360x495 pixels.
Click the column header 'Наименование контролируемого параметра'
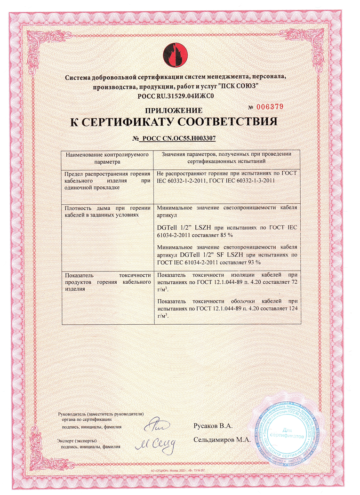coord(107,157)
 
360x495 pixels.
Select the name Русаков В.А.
coord(213,426)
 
